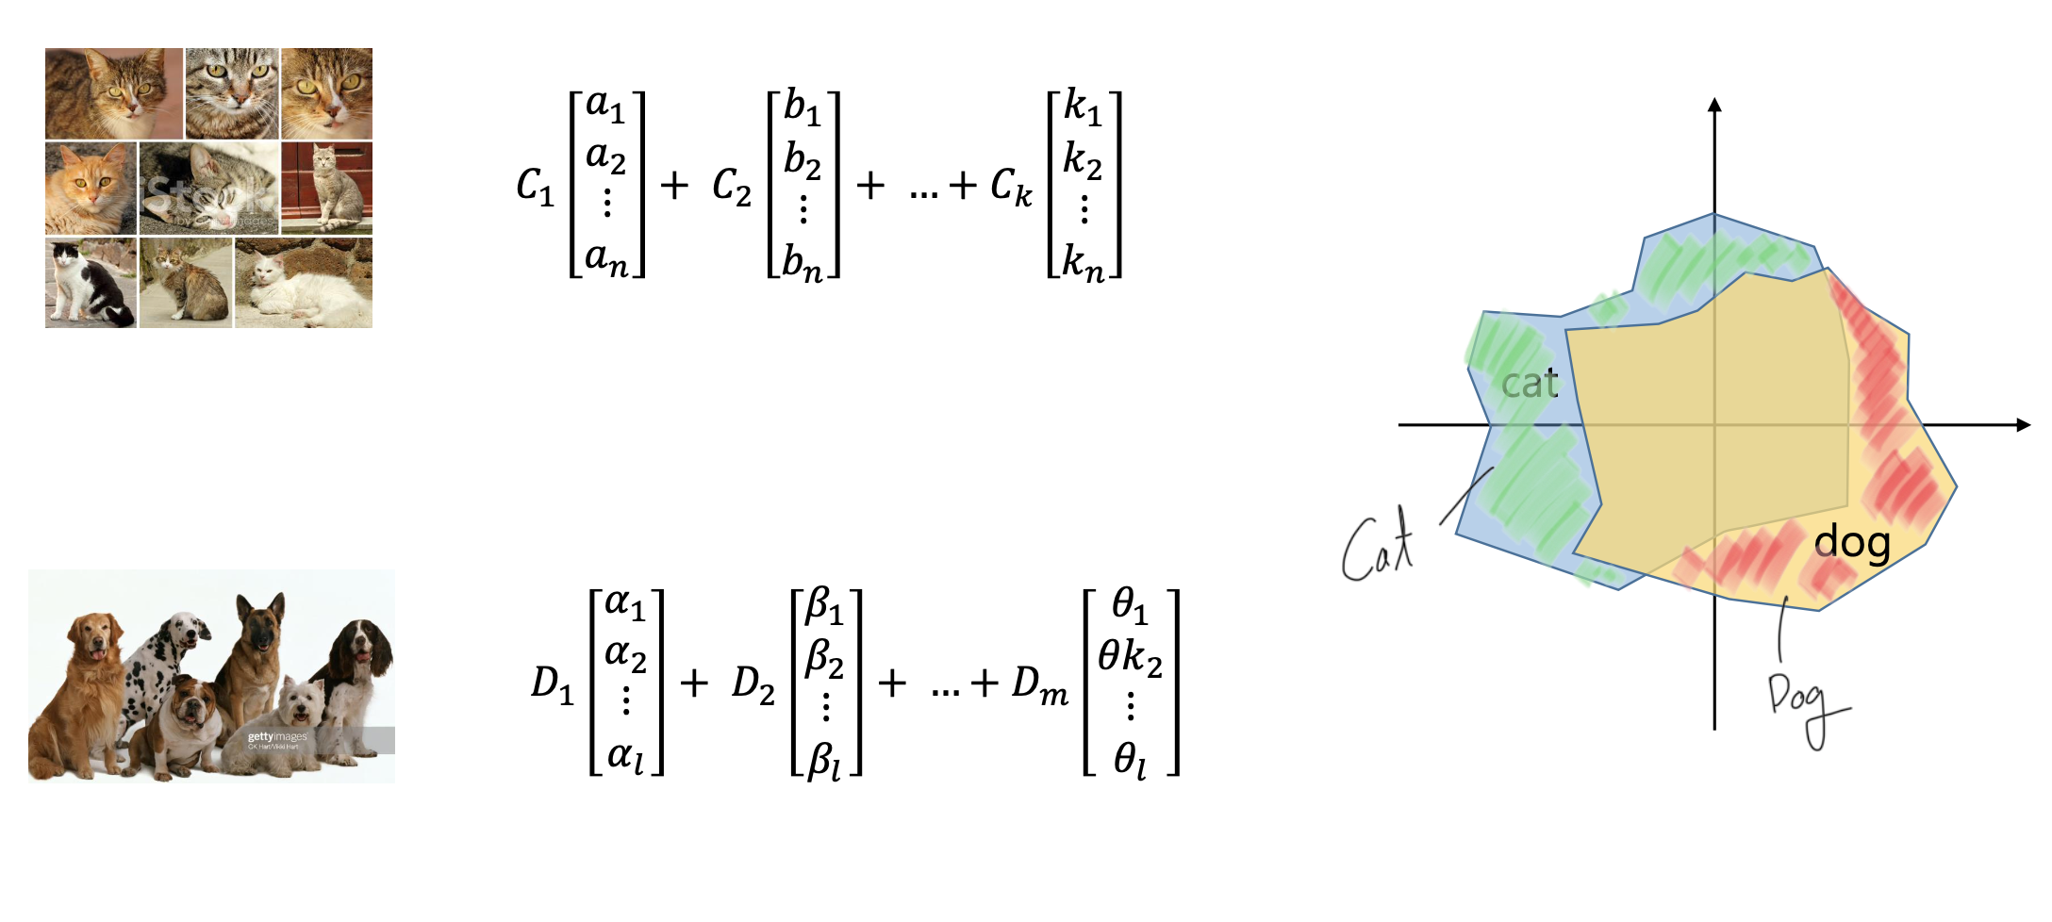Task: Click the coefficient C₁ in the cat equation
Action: click(x=535, y=186)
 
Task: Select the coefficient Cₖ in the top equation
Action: click(x=1011, y=186)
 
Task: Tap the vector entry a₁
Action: click(x=605, y=106)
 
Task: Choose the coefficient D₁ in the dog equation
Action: click(x=552, y=683)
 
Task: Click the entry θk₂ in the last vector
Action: click(x=1130, y=656)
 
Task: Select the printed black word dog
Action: click(x=1852, y=543)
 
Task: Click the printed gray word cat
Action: click(x=1529, y=384)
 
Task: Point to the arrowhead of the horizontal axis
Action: click(x=2022, y=425)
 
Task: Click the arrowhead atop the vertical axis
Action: click(x=1715, y=105)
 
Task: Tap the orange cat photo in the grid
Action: click(x=91, y=189)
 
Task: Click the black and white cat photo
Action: click(x=91, y=283)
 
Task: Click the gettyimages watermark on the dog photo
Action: click(x=277, y=737)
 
